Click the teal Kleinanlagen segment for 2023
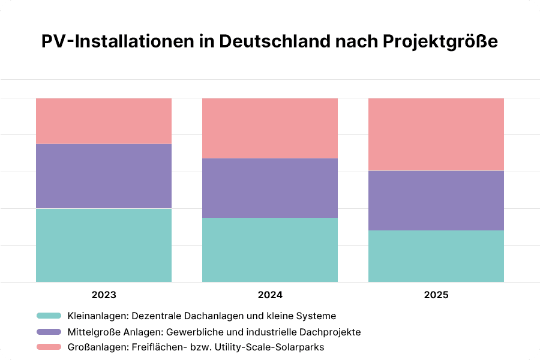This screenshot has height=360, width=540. [x=104, y=245]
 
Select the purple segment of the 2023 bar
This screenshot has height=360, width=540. [x=104, y=176]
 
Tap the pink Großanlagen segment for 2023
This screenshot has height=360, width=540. [x=104, y=121]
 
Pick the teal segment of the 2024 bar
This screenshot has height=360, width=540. [x=270, y=250]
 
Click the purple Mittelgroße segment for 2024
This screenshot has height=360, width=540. [x=270, y=188]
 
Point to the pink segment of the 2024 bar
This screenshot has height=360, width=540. [x=270, y=128]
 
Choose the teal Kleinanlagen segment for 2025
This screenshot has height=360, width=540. [x=436, y=256]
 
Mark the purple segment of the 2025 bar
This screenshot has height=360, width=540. [x=436, y=200]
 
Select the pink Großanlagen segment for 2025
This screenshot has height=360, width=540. [x=436, y=134]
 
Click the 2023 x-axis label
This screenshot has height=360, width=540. [x=104, y=295]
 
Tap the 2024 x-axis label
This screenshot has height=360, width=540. [x=270, y=295]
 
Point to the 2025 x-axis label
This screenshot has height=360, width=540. [x=436, y=295]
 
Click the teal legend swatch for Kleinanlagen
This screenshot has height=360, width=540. [x=49, y=316]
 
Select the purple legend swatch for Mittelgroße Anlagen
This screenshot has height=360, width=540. [x=49, y=331]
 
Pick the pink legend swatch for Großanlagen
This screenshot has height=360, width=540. [x=49, y=347]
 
